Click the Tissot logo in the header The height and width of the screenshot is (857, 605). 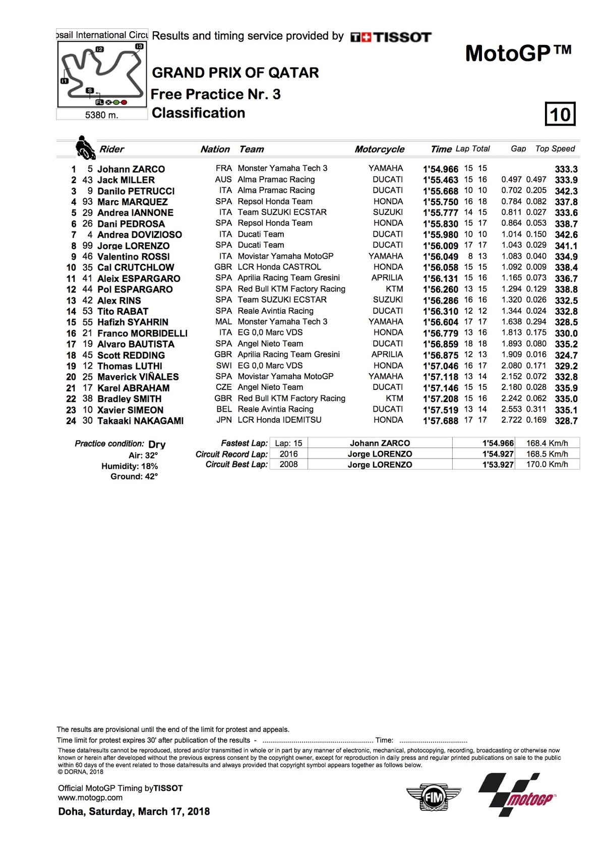coord(391,37)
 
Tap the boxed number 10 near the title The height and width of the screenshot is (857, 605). coord(560,114)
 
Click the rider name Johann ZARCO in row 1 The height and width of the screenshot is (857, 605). coord(131,169)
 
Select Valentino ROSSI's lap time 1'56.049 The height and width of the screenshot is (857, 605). coord(441,257)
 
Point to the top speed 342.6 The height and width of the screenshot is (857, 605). coord(566,235)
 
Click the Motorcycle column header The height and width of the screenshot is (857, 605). coord(379,149)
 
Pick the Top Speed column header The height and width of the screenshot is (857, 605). coord(555,149)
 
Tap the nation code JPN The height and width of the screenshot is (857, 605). coord(223,420)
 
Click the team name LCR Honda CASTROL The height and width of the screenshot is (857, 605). coord(279,267)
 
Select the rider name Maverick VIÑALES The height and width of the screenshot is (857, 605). coord(138,377)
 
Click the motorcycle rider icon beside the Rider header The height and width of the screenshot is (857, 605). coord(85,147)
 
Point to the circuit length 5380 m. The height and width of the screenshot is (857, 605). coord(102,115)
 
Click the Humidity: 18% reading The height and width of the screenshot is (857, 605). coord(130,466)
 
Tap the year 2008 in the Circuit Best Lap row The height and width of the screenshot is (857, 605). coord(288,464)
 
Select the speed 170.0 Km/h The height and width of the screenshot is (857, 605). coord(547,464)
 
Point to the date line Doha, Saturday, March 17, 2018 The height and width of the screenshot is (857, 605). coord(134,812)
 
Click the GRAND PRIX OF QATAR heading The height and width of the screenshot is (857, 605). coord(235,73)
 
